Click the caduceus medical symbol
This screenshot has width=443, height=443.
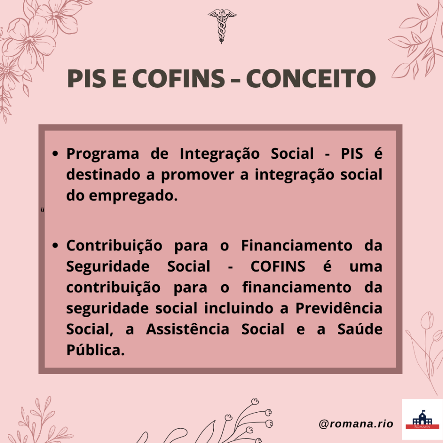point(222,26)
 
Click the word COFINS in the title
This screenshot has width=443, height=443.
point(179,78)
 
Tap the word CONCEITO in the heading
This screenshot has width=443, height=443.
point(311,78)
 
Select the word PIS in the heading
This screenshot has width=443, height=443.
point(87,78)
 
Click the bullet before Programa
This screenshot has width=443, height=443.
point(55,154)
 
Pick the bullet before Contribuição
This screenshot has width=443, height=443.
point(55,246)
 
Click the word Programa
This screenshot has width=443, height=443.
point(103,154)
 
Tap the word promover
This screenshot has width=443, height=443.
point(197,175)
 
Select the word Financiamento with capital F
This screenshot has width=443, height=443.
point(297,246)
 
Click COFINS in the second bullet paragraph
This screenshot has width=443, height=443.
point(278,266)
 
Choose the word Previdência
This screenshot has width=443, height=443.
point(339,308)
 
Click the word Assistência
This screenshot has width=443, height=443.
point(188,329)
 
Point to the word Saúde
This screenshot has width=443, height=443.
point(360,329)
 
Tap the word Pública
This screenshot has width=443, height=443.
point(96,350)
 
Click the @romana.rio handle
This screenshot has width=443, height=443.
point(356,424)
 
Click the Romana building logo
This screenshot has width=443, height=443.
point(422,420)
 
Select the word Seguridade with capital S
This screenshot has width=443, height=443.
point(108,266)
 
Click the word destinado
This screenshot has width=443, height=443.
point(103,175)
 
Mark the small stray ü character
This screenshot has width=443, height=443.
point(42,210)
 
